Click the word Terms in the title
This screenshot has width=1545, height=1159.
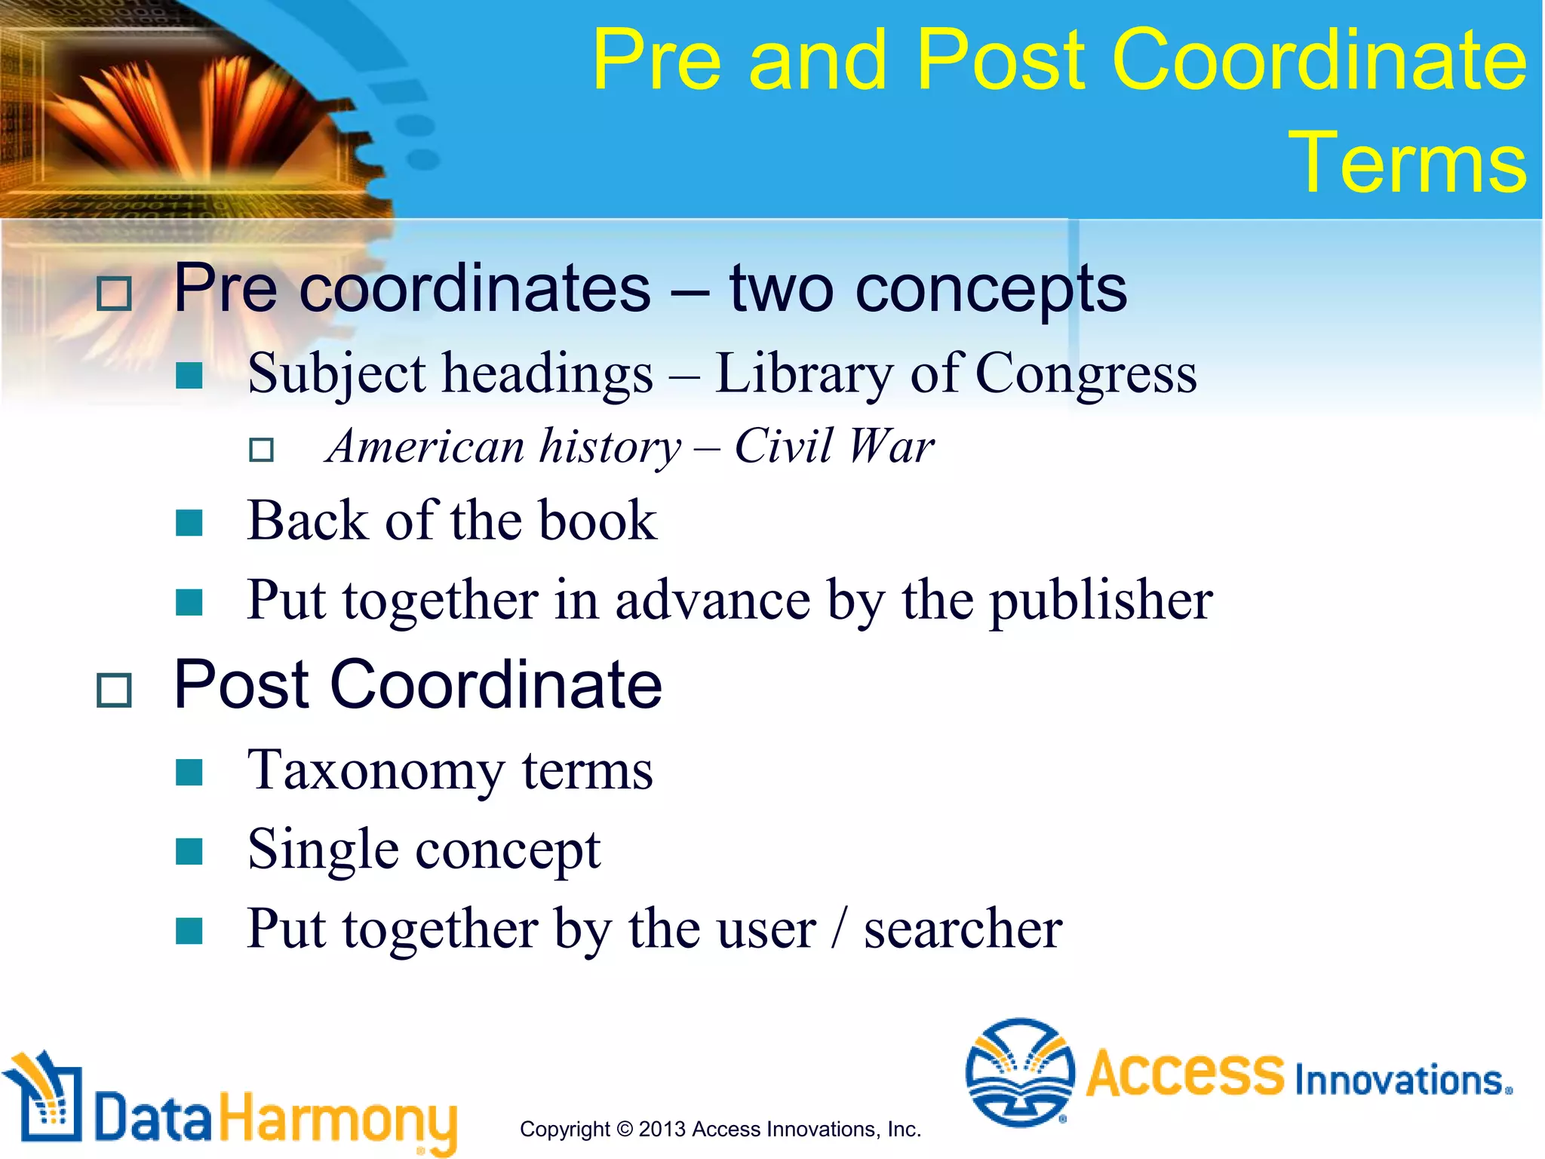click(x=1407, y=162)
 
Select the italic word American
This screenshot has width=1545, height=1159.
click(x=425, y=447)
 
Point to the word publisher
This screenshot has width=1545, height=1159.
click(x=1101, y=601)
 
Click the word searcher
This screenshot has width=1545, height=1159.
click(x=963, y=929)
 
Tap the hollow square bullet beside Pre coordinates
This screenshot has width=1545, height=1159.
click(x=115, y=294)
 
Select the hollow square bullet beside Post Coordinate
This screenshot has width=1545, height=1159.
click(x=115, y=690)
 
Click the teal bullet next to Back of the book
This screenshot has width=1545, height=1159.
click(x=189, y=522)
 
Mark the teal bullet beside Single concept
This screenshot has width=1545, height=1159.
click(x=189, y=851)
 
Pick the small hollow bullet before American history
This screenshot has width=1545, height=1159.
click(x=261, y=450)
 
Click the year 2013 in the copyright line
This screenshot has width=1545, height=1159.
click(x=662, y=1130)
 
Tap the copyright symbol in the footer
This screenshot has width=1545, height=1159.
click(x=625, y=1130)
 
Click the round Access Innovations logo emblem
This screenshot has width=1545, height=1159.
click(x=1020, y=1071)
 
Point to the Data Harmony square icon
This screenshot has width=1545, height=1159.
click(x=44, y=1098)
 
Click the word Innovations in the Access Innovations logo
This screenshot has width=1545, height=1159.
click(x=1402, y=1081)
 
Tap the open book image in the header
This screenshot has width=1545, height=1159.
click(x=189, y=113)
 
